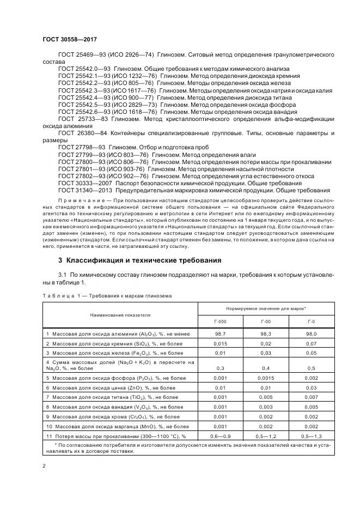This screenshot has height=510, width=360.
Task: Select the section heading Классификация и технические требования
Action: (140, 260)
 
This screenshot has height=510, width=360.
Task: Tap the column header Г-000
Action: (221, 322)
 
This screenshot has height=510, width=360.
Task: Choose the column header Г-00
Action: (266, 322)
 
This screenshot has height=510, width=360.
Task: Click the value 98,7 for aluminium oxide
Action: (221, 332)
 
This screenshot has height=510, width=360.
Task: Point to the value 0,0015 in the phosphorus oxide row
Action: (266, 377)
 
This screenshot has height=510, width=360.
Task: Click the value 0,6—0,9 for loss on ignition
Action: (221, 436)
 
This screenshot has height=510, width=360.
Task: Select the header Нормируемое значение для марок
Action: (266, 308)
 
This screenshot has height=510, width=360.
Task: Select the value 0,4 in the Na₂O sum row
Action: (266, 368)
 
